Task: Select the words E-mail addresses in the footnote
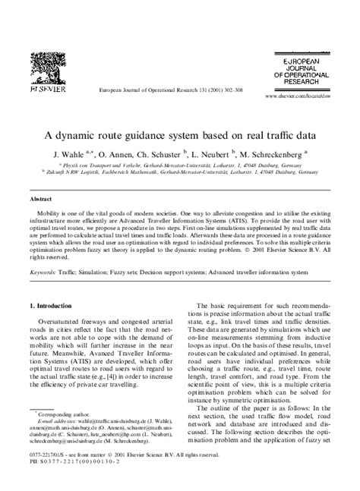click(57, 423)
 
